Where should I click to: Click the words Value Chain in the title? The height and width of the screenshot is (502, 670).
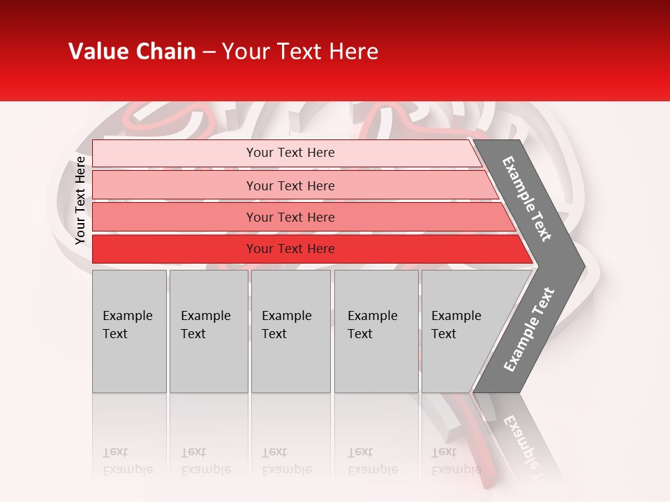[x=132, y=52]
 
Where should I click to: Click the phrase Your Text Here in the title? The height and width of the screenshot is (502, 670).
[x=300, y=52]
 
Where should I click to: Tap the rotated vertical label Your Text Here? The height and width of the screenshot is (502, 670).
[x=80, y=201]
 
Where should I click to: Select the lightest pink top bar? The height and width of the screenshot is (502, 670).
[x=174, y=153]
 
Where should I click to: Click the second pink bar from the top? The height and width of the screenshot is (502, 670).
[x=174, y=185]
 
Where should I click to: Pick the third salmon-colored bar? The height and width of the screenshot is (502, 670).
[x=174, y=217]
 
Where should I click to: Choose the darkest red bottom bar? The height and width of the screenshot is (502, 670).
[x=174, y=249]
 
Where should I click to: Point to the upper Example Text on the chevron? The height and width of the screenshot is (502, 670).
[x=527, y=199]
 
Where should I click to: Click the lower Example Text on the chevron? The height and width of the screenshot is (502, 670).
[x=528, y=330]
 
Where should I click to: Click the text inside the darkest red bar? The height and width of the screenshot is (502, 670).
[x=290, y=249]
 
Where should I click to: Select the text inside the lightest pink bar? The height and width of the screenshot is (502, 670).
[x=290, y=153]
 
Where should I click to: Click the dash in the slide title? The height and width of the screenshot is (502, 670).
[x=209, y=52]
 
